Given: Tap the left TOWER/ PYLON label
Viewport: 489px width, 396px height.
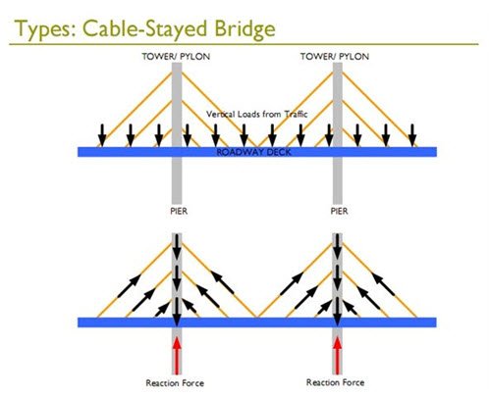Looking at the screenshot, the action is click(176, 57).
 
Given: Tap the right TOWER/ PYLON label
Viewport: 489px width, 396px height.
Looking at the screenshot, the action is click(335, 57).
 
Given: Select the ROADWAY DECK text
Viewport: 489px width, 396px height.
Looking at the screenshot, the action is click(254, 152).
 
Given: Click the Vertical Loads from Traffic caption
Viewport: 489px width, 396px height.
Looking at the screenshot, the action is click(257, 114).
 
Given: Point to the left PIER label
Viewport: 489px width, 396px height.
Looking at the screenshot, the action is click(179, 211).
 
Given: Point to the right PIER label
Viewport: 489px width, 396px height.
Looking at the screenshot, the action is click(339, 211).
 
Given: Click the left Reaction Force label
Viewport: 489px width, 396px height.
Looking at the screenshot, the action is click(175, 383).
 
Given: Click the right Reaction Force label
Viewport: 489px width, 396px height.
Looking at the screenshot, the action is click(335, 382).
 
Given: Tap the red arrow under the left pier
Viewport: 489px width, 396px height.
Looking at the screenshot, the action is click(177, 356).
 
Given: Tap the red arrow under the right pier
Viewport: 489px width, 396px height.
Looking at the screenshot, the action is click(337, 356).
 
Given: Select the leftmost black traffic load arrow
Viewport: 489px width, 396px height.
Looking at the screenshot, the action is click(102, 135).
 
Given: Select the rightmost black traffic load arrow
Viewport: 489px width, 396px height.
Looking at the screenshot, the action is click(412, 135).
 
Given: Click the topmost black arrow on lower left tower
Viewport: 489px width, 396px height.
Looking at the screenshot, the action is click(177, 246).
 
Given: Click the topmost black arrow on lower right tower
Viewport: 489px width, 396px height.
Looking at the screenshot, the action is click(337, 246).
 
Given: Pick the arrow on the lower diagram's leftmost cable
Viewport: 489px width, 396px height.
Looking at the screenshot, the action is click(130, 286).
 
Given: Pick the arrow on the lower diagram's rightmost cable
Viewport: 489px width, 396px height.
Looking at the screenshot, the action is click(383, 284).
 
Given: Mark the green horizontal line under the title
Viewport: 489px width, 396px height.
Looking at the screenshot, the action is click(244, 44).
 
